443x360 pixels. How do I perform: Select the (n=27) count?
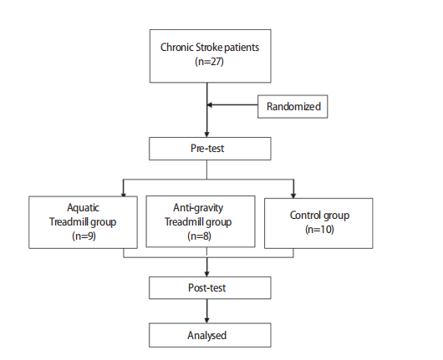click(x=209, y=61)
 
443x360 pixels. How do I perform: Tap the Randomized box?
click(x=293, y=106)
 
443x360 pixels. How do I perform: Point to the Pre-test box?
click(x=210, y=149)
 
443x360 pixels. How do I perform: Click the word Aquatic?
click(x=83, y=208)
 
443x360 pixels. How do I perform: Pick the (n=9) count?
click(x=84, y=236)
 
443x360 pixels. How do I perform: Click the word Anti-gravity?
click(x=198, y=208)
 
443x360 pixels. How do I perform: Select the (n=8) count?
click(x=199, y=236)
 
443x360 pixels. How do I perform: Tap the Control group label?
click(x=319, y=215)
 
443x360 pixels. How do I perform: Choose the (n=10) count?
click(x=319, y=229)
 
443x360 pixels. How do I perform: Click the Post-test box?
click(x=210, y=287)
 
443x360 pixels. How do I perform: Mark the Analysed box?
click(x=210, y=335)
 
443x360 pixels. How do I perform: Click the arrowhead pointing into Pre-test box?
click(x=206, y=134)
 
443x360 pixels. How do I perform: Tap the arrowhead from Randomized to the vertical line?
click(x=210, y=104)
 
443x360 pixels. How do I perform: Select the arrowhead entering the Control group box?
click(x=293, y=195)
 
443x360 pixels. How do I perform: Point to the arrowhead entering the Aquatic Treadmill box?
click(x=123, y=195)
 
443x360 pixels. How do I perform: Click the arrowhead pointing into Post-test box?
click(x=206, y=274)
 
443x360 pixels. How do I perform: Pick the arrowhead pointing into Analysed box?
click(x=206, y=321)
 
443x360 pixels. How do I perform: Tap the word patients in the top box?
click(x=242, y=48)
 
